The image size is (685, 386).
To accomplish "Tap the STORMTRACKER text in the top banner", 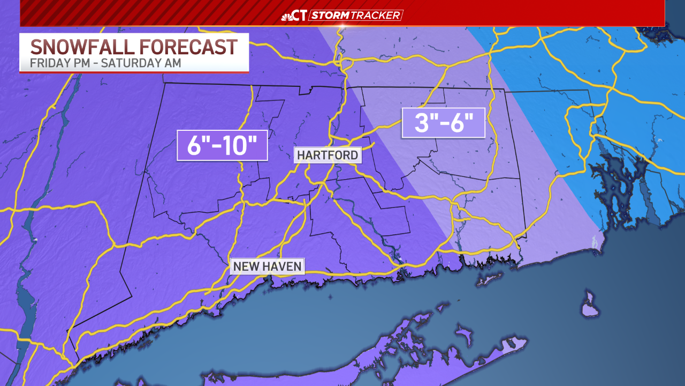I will (x=356, y=16).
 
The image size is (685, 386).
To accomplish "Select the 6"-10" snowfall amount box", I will (x=222, y=145).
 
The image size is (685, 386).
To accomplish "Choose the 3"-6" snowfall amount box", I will (x=443, y=123).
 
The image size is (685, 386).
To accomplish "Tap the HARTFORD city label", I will (x=328, y=155).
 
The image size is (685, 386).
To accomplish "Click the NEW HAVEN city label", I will (x=267, y=266).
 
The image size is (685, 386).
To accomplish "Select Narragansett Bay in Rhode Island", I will (x=615, y=182).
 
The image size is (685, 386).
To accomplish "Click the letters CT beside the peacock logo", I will (x=300, y=16).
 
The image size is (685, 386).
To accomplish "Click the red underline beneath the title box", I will (x=134, y=72).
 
